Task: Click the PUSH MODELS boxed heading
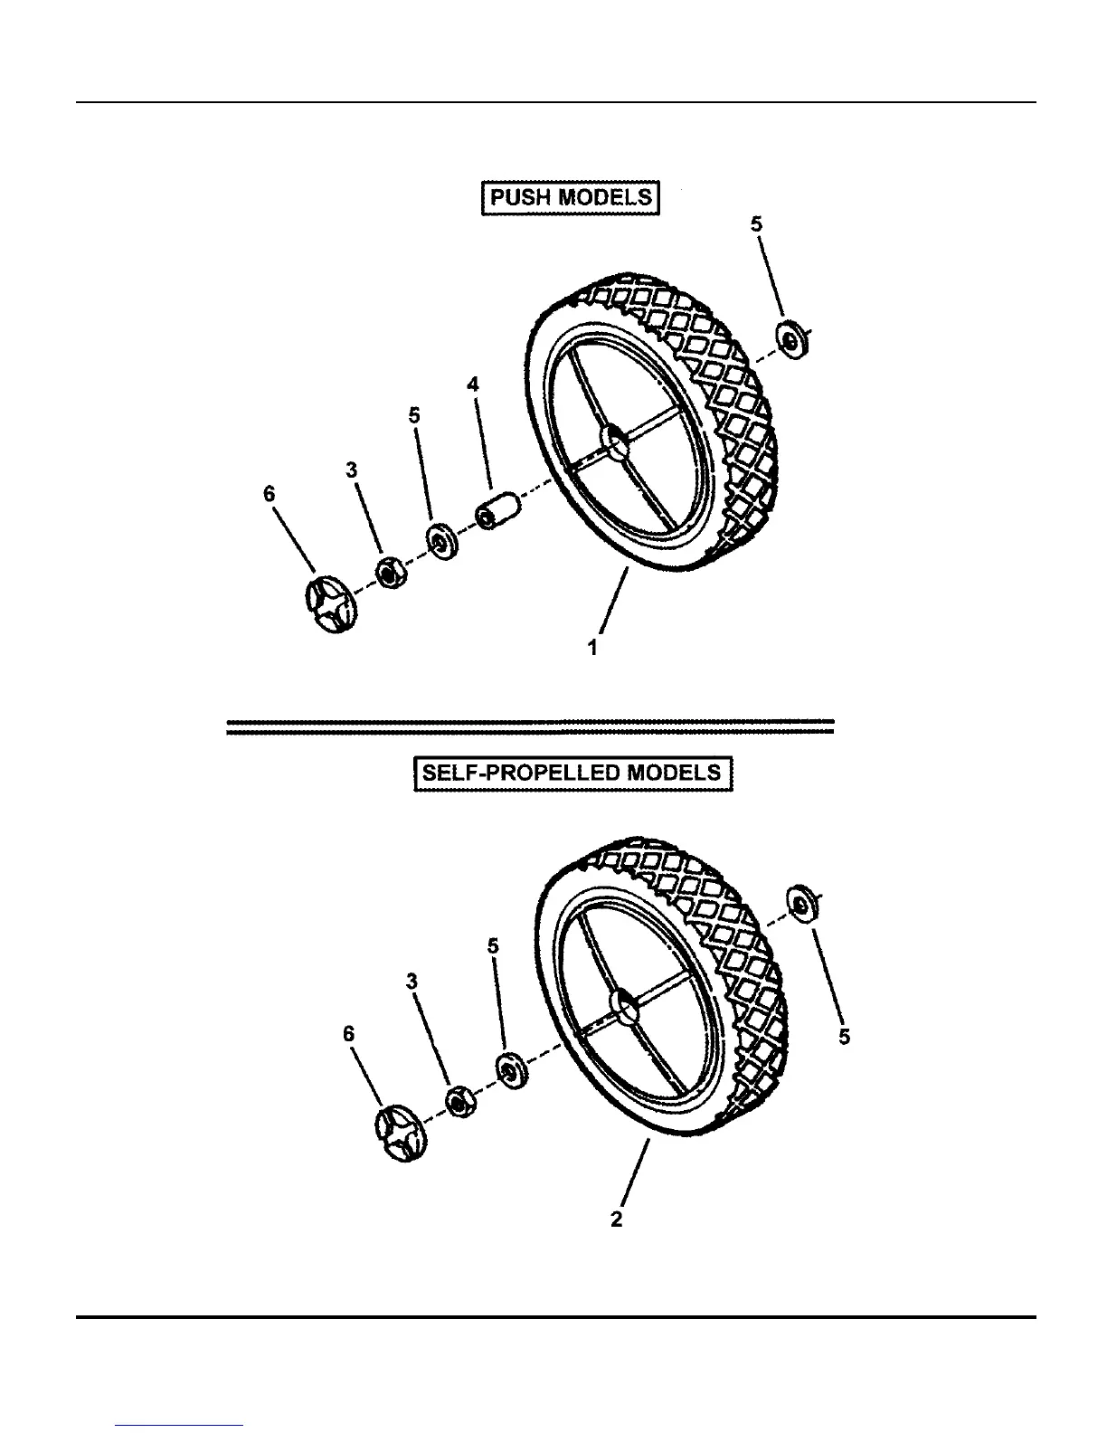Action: point(570,197)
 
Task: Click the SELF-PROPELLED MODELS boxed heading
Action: point(572,773)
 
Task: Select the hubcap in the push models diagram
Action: point(328,604)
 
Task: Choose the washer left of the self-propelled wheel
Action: point(512,1069)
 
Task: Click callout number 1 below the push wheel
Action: point(592,648)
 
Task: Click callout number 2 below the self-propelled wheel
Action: point(616,1219)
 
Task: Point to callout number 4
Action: point(472,384)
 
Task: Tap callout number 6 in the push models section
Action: point(269,494)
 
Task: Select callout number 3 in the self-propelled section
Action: point(412,981)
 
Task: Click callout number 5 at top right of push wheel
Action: point(757,223)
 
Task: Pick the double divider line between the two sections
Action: point(529,726)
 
